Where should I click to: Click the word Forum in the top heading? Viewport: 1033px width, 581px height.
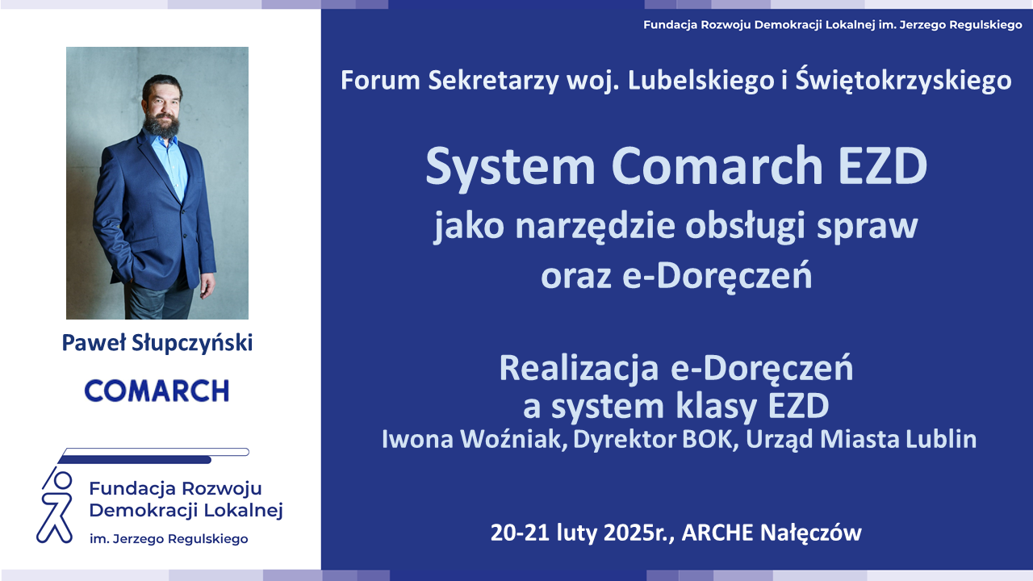[x=380, y=80]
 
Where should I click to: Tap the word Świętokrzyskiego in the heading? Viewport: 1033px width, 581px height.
[x=903, y=80]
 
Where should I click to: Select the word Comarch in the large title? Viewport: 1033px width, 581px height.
[x=717, y=165]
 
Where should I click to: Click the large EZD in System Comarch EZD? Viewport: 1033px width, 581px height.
[x=882, y=165]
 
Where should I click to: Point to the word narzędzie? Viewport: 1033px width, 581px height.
[x=596, y=226]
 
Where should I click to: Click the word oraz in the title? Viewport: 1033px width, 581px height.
[x=576, y=277]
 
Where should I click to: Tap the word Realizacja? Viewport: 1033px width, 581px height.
[x=579, y=370]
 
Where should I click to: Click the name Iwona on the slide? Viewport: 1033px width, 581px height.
[x=418, y=439]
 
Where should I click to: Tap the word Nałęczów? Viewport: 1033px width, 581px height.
[x=811, y=533]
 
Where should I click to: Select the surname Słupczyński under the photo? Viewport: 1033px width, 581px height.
[x=192, y=343]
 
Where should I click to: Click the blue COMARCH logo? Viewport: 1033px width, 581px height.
[x=157, y=391]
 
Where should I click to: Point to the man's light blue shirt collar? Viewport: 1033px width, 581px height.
[x=159, y=138]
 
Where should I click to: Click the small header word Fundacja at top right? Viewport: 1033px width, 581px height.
[x=670, y=25]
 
